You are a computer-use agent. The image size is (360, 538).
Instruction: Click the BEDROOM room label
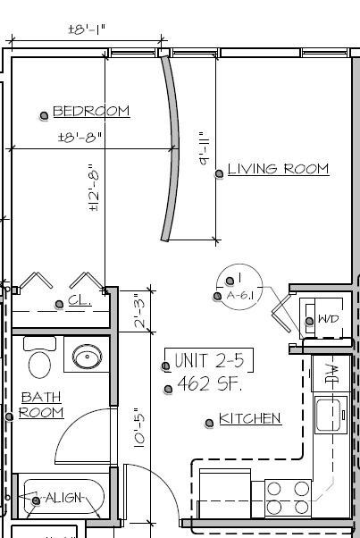(x=91, y=112)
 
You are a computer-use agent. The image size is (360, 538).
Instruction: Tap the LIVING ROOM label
(x=278, y=169)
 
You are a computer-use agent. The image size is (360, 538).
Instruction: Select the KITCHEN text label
(x=250, y=418)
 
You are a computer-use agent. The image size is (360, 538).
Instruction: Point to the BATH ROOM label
(x=42, y=404)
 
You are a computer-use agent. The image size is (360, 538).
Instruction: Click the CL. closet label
(x=80, y=301)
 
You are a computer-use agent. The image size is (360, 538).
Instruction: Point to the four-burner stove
(x=288, y=499)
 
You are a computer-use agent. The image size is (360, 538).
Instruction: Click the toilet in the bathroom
(x=39, y=359)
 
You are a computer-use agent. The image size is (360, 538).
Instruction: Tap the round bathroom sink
(x=87, y=359)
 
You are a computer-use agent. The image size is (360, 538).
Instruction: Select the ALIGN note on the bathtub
(x=63, y=498)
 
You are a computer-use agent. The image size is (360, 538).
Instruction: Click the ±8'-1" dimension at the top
(x=87, y=29)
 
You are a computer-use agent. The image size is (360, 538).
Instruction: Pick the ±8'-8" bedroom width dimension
(x=81, y=138)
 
